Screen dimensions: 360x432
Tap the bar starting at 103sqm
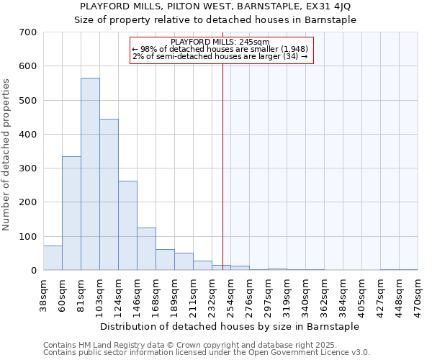coord(109,194)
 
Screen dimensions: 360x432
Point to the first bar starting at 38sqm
coord(53,258)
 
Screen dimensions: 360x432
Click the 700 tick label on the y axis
coord(28,32)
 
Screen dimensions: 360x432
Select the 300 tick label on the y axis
coord(28,168)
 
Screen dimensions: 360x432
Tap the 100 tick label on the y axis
coord(28,236)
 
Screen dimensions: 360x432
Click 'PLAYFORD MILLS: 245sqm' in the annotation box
coord(221,42)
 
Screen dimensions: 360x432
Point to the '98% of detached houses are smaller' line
coord(220,48)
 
